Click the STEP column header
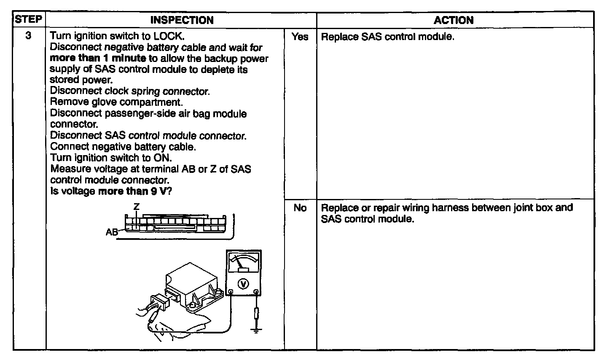[x=29, y=20]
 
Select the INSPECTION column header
[x=182, y=20]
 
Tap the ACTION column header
[x=454, y=20]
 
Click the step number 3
[x=28, y=36]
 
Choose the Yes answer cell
[x=300, y=37]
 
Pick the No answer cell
[x=300, y=208]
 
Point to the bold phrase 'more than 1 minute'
[x=98, y=58]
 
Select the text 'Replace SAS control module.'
[x=387, y=37]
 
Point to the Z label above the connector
[x=136, y=207]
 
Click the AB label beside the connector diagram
[x=112, y=232]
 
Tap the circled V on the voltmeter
[x=243, y=284]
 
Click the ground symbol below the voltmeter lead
[x=256, y=329]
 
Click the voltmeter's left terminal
[x=231, y=292]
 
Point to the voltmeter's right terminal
[x=256, y=292]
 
